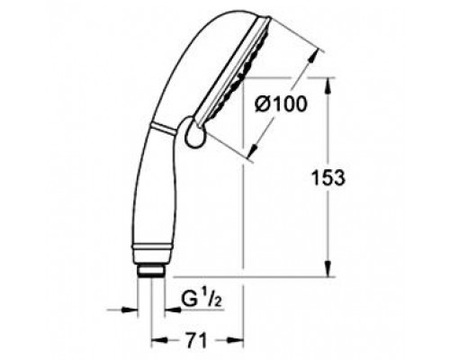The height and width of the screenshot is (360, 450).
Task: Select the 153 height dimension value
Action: pyautogui.click(x=335, y=177)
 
